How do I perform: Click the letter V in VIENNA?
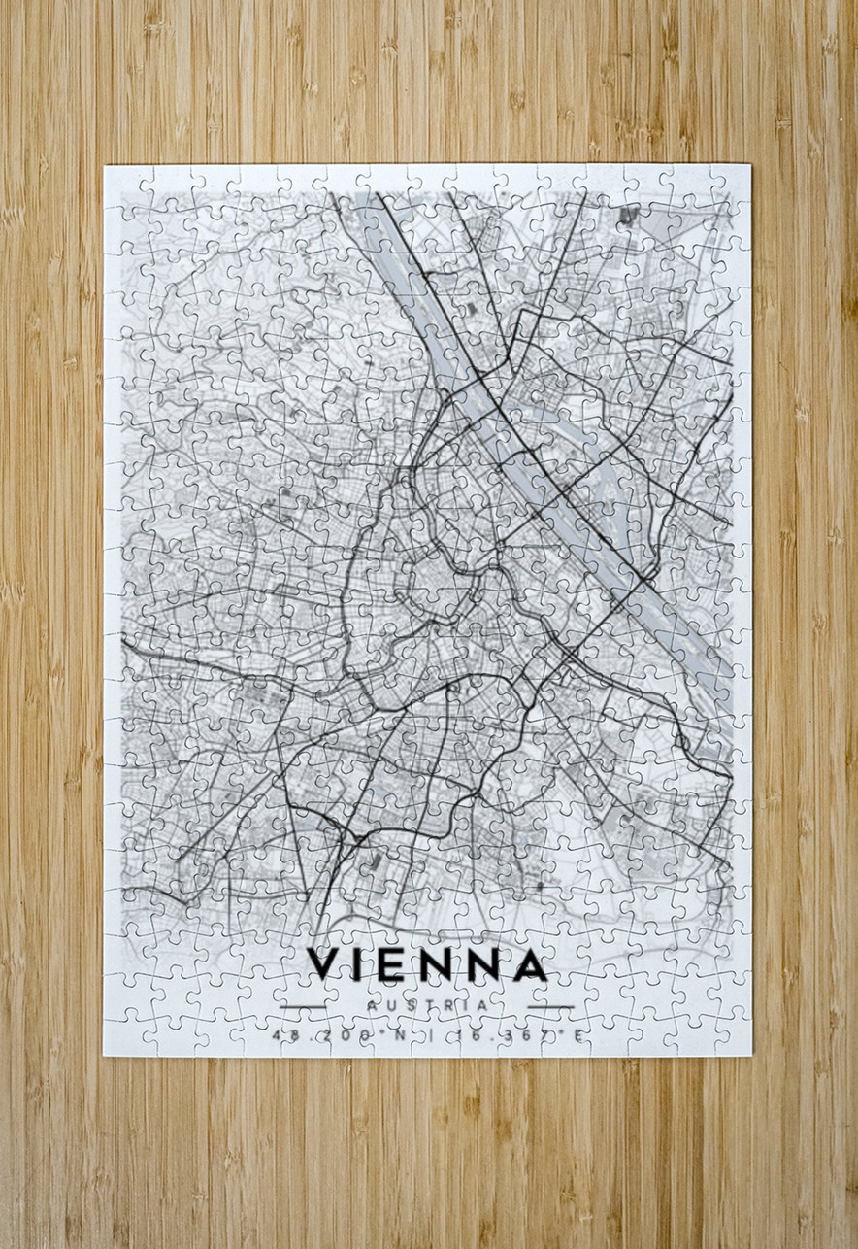pos(324,964)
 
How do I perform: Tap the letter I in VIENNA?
pos(361,964)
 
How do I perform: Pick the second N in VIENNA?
pos(482,964)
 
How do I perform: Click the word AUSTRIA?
pos(428,1005)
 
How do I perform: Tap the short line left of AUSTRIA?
pos(304,1006)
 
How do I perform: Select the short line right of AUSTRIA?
pos(551,1006)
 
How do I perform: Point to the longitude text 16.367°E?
pos(520,1036)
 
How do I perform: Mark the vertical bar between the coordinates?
pos(429,1036)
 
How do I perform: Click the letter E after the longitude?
pos(578,1036)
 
